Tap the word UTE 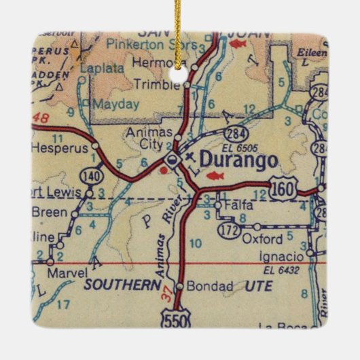point(258,286)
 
